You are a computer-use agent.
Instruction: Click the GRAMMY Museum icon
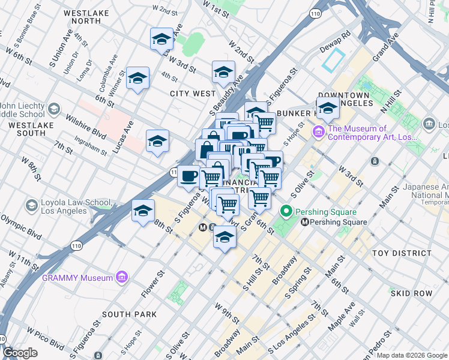[122, 277]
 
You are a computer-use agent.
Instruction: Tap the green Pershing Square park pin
[286, 212]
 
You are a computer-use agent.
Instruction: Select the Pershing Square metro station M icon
[304, 222]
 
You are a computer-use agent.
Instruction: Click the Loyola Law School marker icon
[31, 206]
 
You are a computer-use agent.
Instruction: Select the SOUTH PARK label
[129, 314]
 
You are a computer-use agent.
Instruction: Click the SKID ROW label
[411, 293]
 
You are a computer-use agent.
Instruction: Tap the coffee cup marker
[189, 175]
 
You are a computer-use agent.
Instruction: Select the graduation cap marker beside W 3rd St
[161, 39]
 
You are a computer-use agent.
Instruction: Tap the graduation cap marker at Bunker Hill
[328, 109]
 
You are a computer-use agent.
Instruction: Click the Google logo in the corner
[20, 353]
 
